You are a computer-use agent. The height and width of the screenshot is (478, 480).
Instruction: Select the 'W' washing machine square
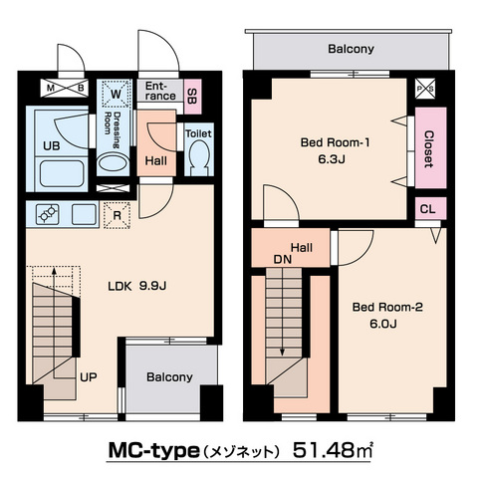point(117,95)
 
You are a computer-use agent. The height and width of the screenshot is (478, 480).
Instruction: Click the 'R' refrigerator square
point(118,214)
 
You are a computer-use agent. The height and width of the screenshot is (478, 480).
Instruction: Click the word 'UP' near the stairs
point(89,377)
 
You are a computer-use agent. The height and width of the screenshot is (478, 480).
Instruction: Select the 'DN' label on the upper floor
point(283,260)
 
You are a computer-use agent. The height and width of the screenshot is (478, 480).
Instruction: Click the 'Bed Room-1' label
point(336,142)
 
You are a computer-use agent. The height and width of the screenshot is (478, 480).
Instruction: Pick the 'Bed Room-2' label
point(387,308)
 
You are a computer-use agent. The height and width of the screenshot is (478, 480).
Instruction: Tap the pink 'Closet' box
point(430,150)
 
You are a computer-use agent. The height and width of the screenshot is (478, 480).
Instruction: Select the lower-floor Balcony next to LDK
point(168,377)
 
